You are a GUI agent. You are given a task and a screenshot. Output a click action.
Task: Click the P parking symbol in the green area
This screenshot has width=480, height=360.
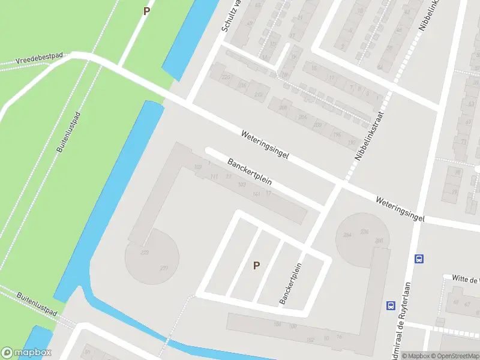(x=146, y=11)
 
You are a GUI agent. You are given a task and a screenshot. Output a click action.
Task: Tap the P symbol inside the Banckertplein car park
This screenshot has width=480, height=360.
(x=256, y=265)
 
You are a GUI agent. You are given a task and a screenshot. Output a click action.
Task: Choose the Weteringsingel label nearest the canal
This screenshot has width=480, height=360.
(x=265, y=145)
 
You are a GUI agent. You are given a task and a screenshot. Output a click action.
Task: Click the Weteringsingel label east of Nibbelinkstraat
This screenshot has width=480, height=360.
(x=400, y=209)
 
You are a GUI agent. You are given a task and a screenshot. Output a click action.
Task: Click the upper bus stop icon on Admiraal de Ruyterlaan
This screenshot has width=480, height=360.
(x=419, y=259)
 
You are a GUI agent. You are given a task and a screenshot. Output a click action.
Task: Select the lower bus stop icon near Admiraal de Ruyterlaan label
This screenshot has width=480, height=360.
(x=391, y=305)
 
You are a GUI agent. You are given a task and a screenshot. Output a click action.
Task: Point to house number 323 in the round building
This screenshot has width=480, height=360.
(x=145, y=253)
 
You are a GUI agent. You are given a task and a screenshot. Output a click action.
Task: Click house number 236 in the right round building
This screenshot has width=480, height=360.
(x=364, y=231)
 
